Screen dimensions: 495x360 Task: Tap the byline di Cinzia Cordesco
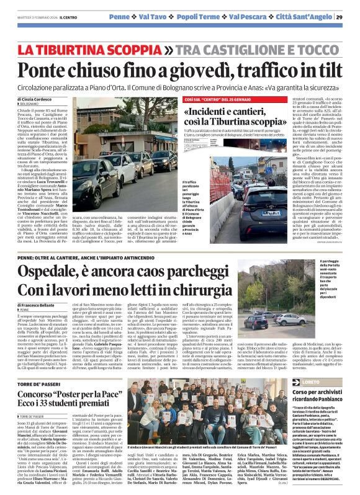pos(34,99)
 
